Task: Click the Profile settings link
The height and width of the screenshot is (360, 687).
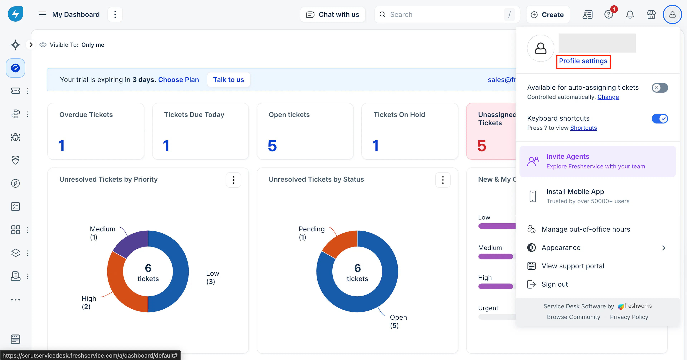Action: click(583, 61)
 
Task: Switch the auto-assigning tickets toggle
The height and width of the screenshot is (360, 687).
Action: click(660, 88)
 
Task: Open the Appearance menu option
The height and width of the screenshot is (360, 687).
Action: click(561, 248)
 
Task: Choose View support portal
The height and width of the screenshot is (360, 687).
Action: click(573, 266)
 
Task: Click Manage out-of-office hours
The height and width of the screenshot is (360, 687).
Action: click(586, 229)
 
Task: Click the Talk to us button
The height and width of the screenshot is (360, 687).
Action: click(229, 80)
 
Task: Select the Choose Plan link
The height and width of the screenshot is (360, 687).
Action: click(178, 80)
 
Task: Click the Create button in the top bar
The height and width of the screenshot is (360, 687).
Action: click(548, 15)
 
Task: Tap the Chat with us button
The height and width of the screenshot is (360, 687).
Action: click(333, 15)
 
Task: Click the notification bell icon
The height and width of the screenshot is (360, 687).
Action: click(630, 15)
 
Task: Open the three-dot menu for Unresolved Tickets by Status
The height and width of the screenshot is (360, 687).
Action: click(443, 180)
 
